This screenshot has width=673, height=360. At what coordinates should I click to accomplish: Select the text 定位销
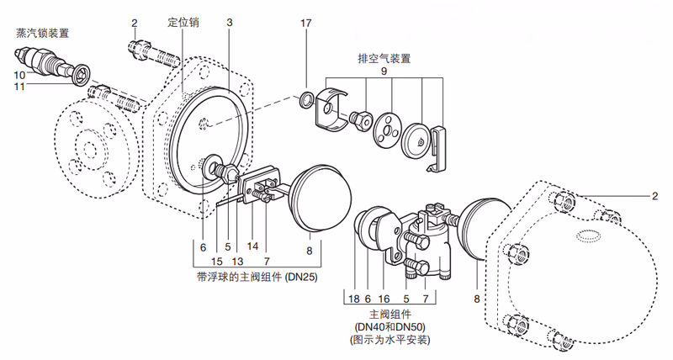183,21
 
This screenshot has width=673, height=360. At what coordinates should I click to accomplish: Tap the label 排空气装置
383,59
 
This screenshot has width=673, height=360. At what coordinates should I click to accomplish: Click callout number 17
306,22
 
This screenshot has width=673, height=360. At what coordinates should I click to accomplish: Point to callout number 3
229,22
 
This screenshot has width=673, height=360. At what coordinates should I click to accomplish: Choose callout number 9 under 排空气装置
384,72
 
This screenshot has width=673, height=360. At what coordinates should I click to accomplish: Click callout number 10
19,75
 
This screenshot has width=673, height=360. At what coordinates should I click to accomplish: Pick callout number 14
252,248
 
